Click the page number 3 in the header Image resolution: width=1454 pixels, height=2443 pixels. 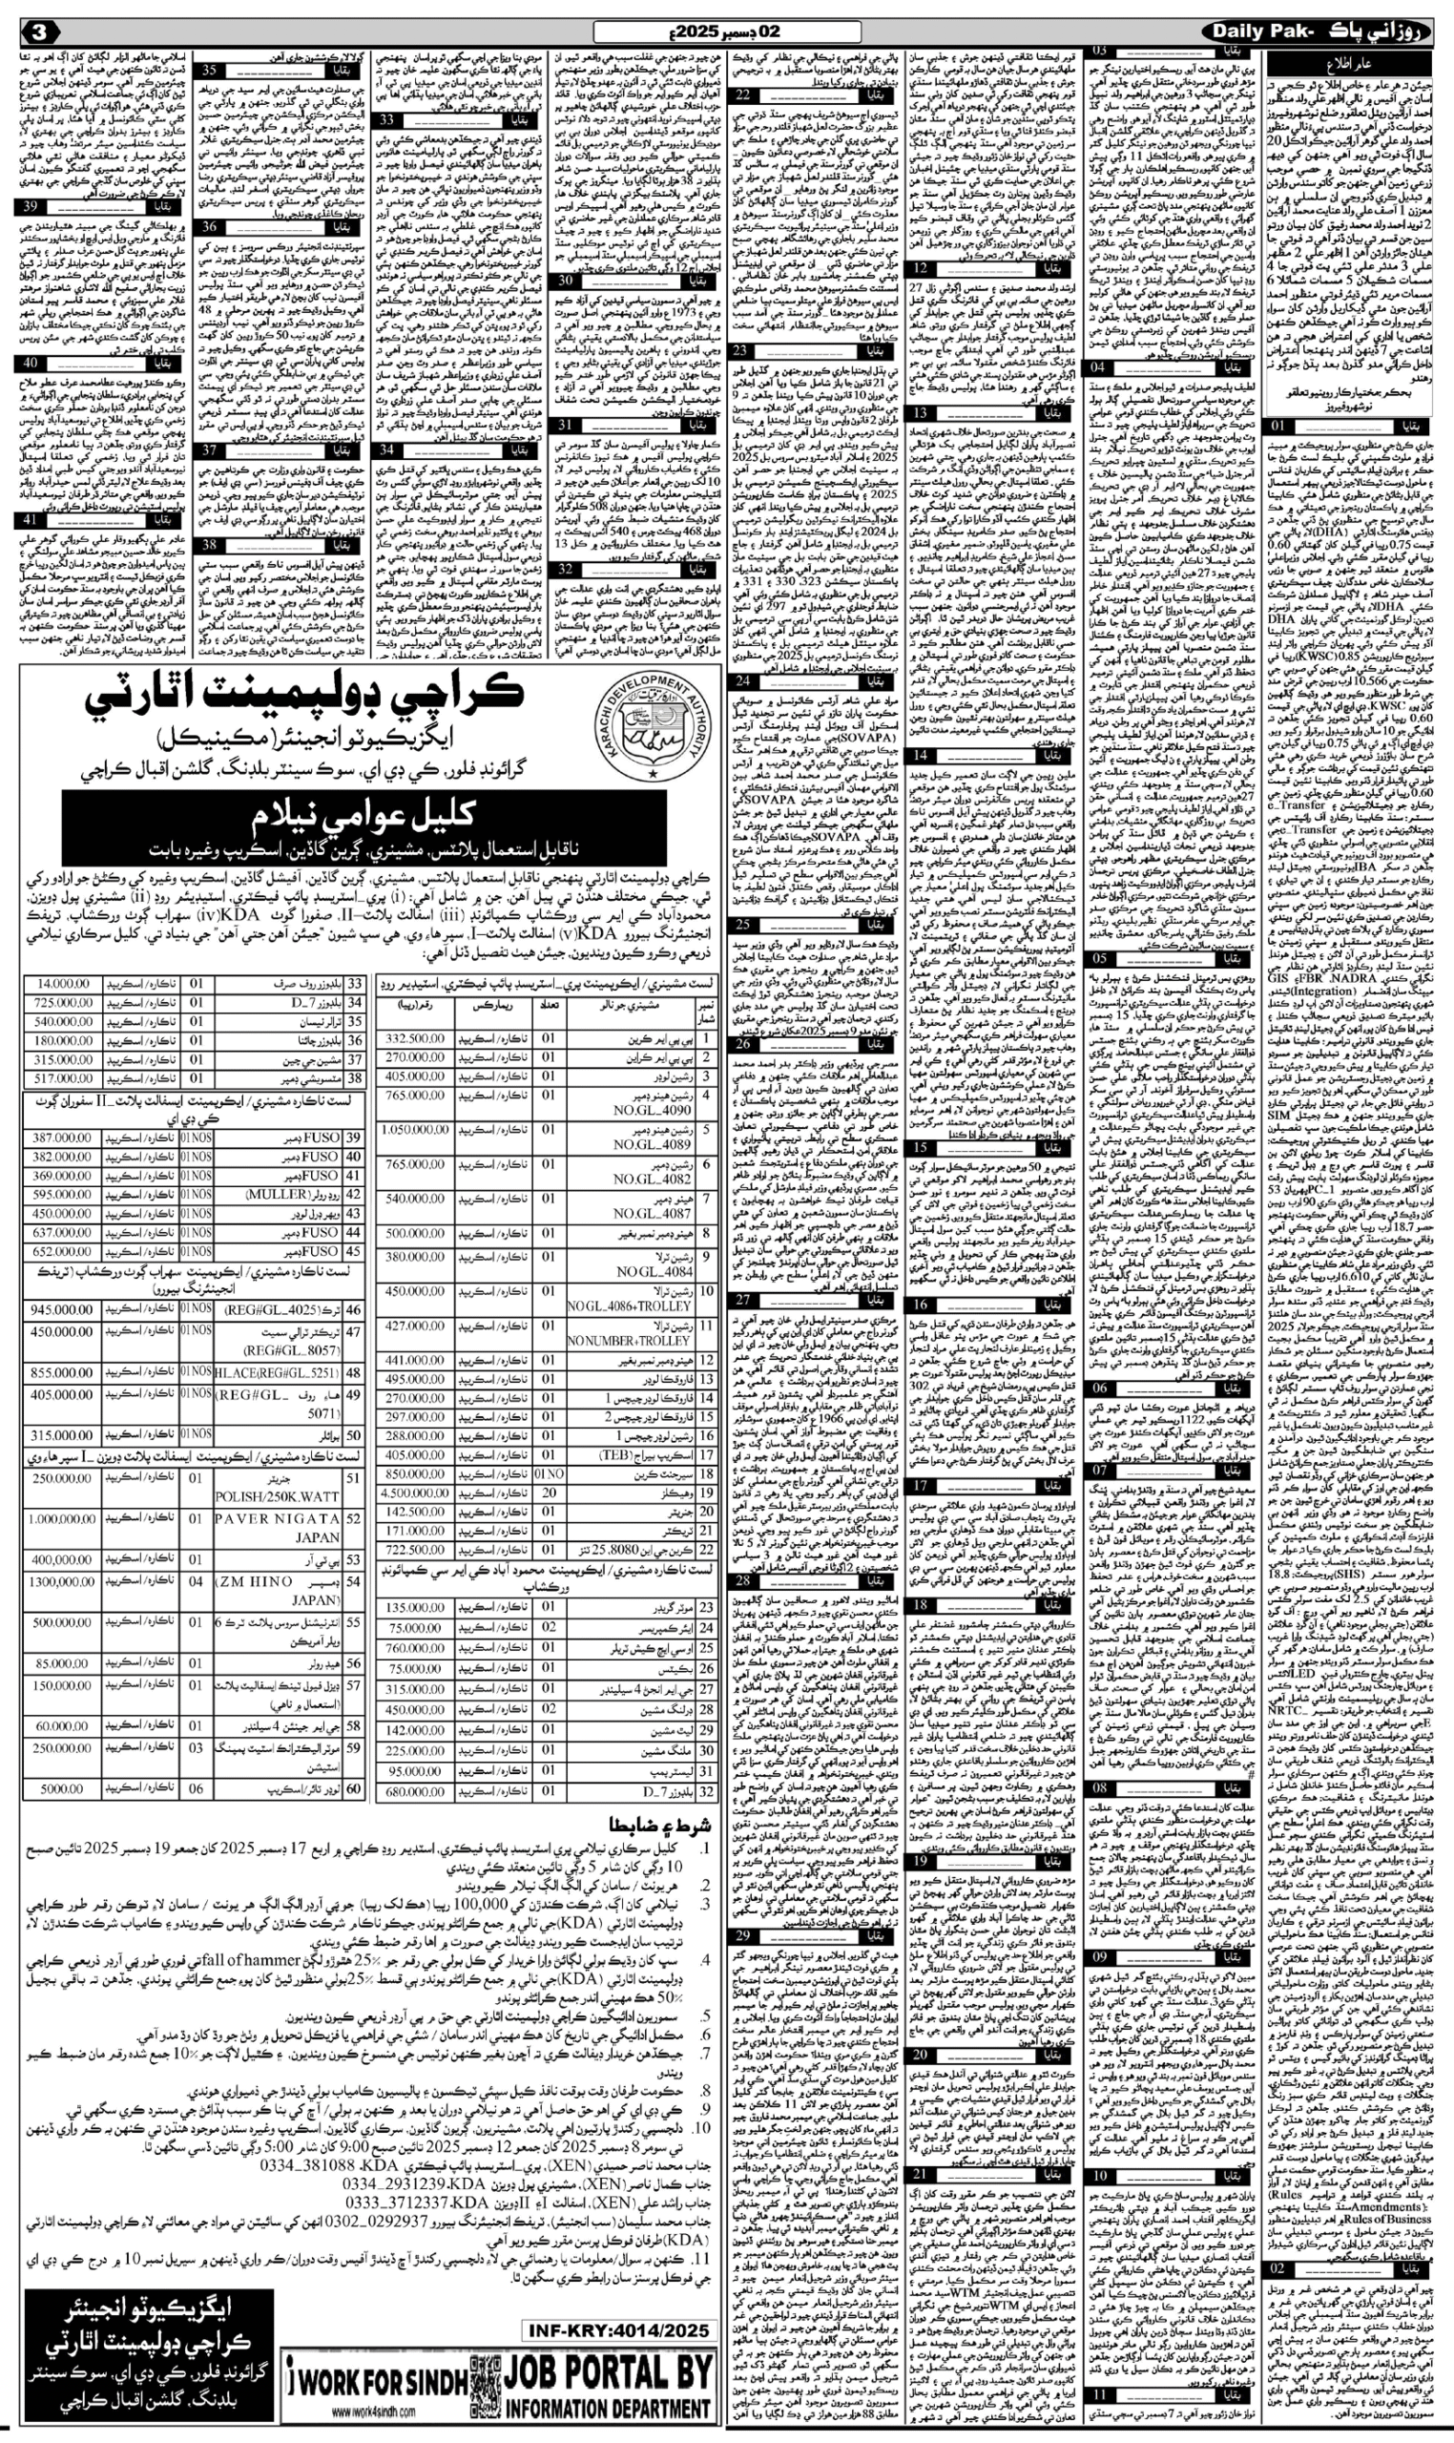pos(40,31)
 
